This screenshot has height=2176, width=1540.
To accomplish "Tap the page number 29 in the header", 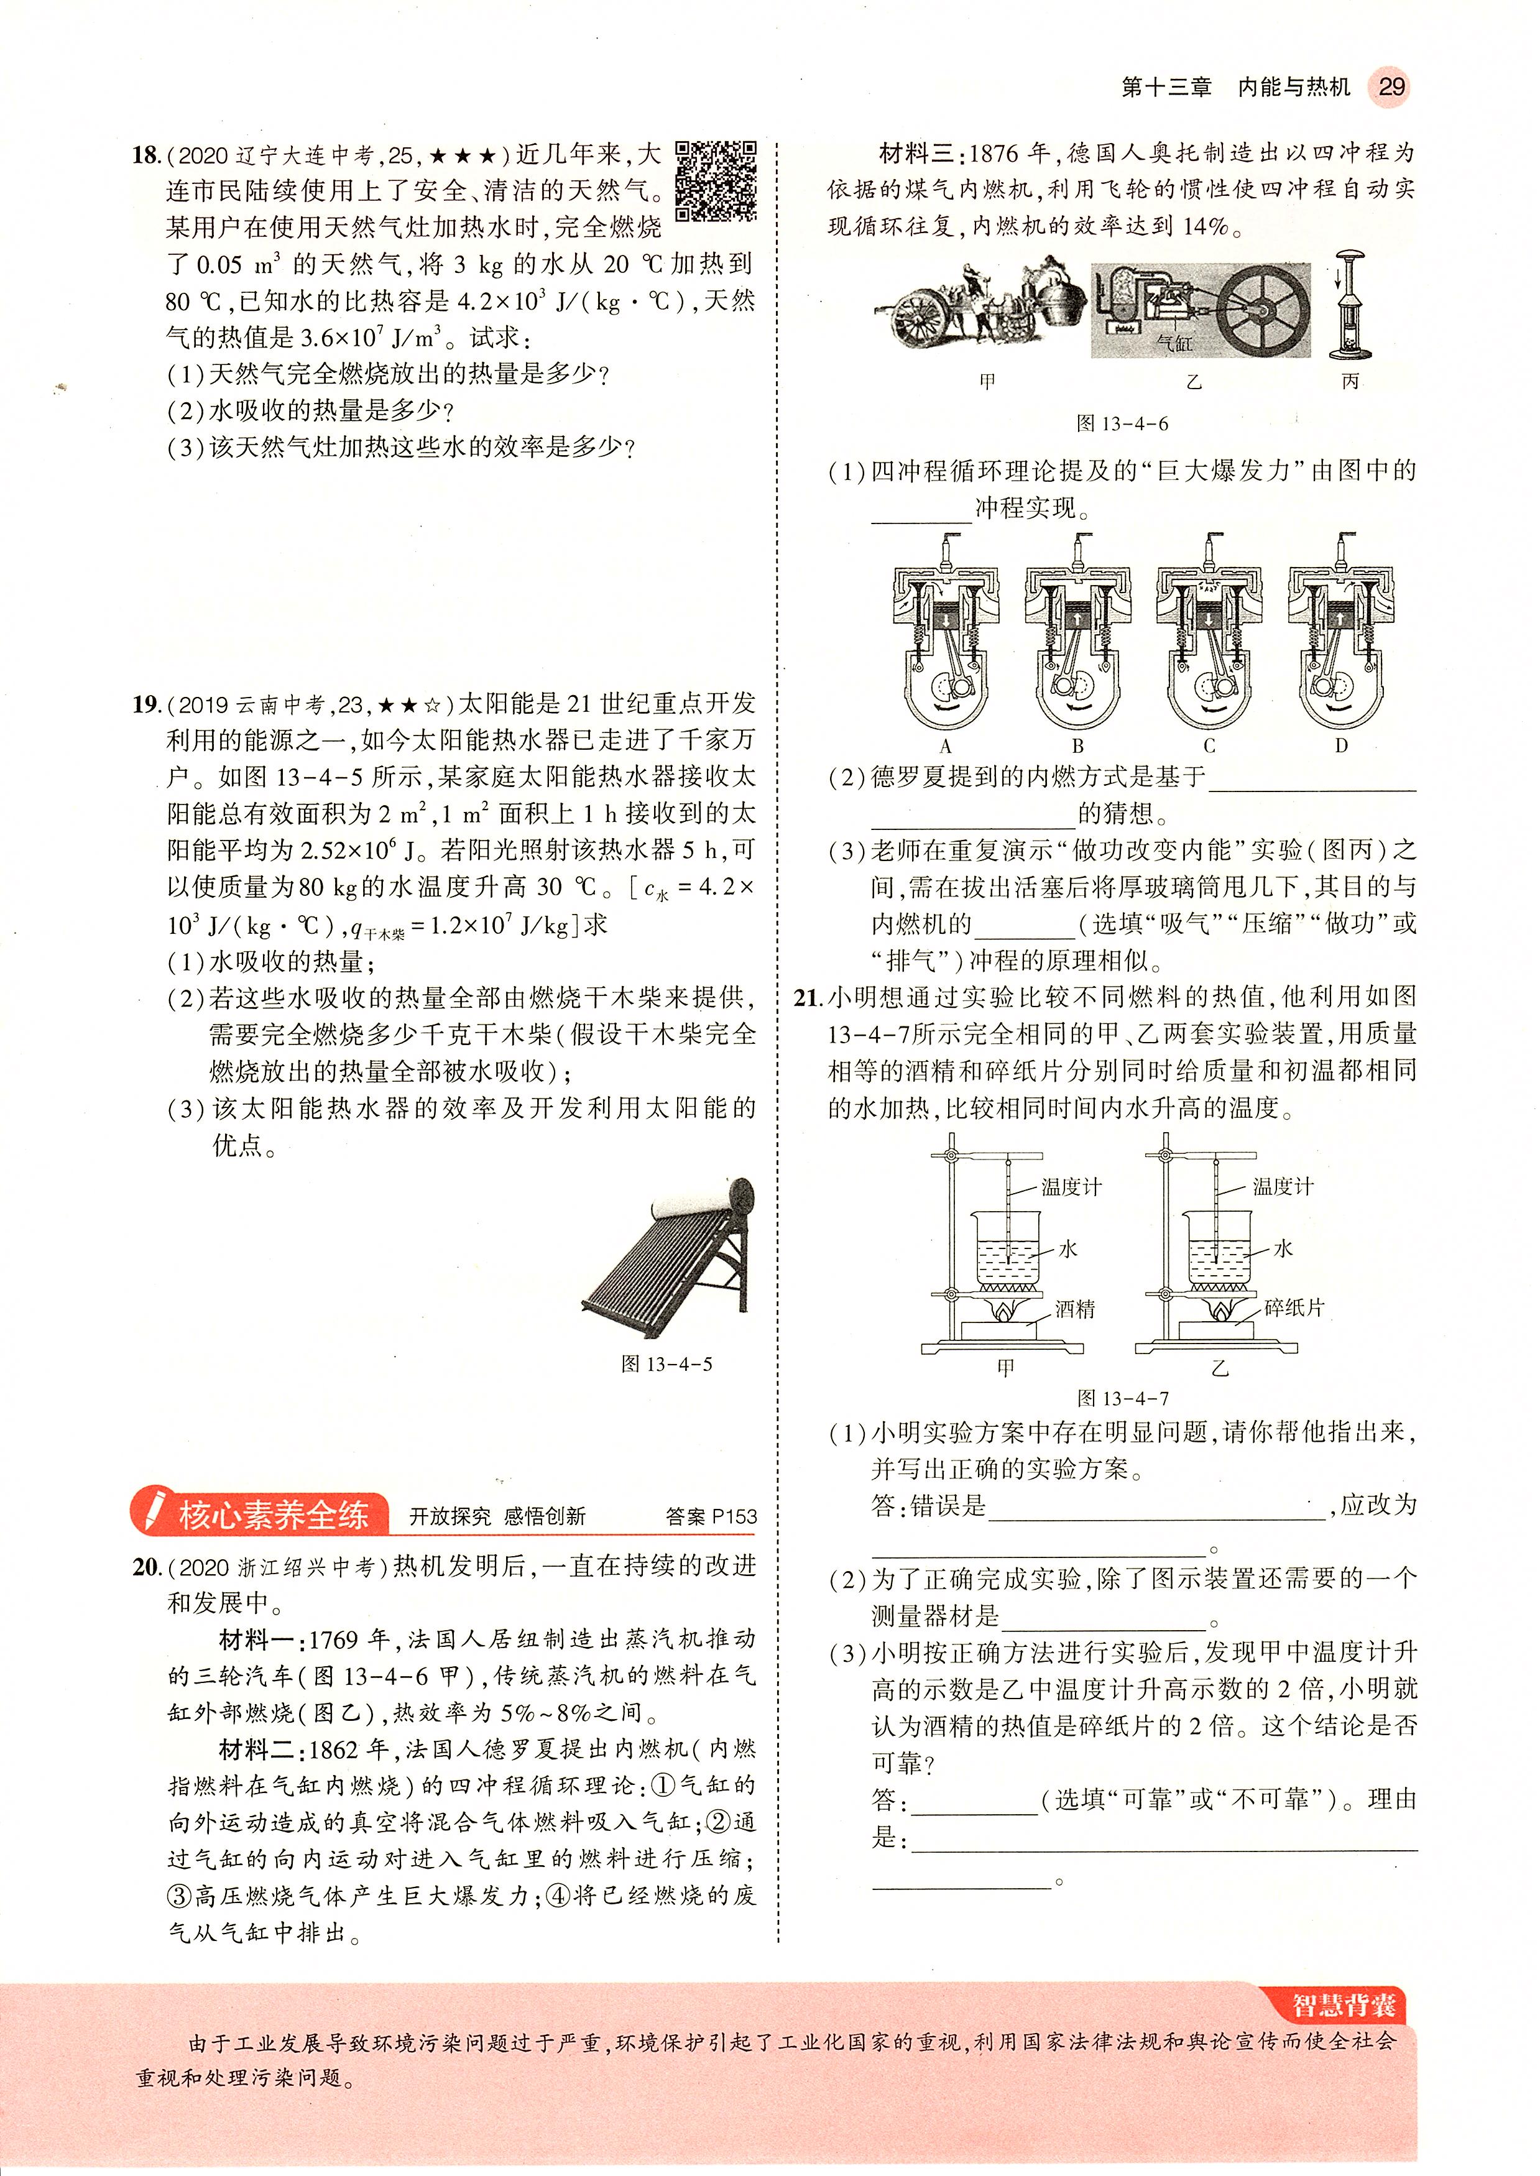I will (x=1390, y=87).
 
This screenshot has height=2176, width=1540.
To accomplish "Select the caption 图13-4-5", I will (x=666, y=1365).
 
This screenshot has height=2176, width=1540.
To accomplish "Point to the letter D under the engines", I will (x=1341, y=746).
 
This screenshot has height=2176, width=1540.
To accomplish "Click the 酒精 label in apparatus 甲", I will (x=1076, y=1309).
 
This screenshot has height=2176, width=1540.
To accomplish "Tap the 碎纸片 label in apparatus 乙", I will (x=1293, y=1309).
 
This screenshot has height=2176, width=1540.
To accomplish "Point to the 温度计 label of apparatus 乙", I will (x=1283, y=1186).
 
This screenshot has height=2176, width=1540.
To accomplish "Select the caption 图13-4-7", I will (x=1123, y=1398).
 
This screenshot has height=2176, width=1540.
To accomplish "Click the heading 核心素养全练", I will (x=272, y=1515).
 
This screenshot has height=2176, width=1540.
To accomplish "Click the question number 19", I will (x=145, y=704).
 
